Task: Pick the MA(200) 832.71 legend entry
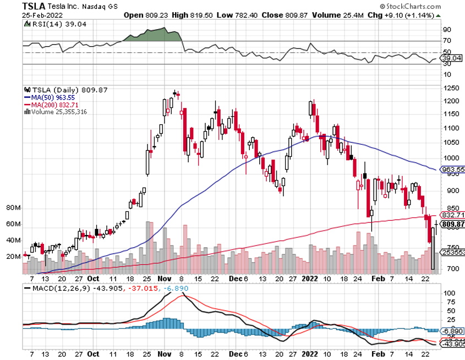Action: click(x=51, y=104)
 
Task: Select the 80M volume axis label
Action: click(x=14, y=208)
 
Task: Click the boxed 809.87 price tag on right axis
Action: click(x=453, y=224)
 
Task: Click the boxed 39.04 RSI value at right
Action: click(x=452, y=58)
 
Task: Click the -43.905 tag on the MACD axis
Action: click(x=453, y=344)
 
